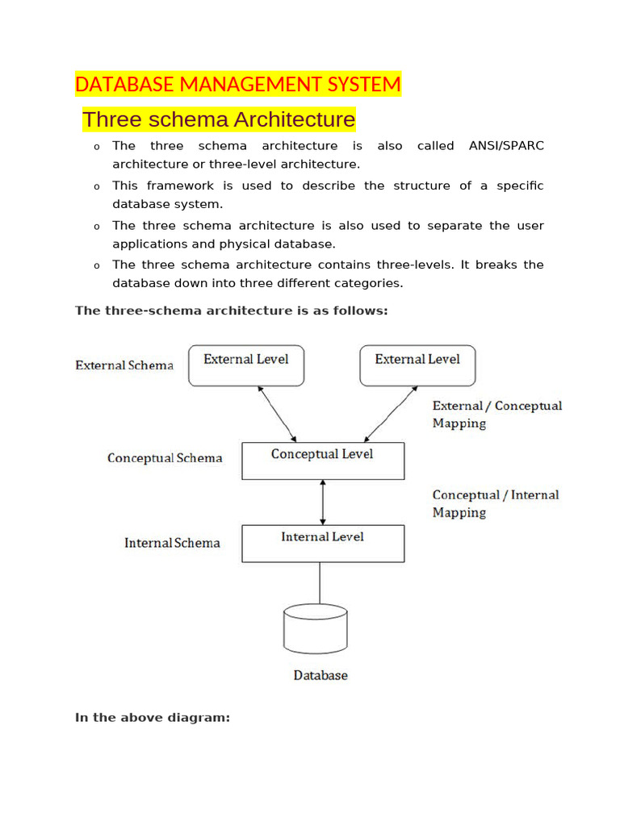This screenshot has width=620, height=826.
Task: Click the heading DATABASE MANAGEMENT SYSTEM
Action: [237, 84]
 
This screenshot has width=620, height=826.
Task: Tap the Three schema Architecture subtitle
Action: [218, 120]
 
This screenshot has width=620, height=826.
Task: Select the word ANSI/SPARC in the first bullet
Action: [506, 146]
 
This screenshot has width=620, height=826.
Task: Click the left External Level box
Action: [246, 365]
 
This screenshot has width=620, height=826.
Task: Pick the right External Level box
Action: [417, 365]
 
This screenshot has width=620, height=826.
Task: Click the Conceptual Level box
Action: [323, 460]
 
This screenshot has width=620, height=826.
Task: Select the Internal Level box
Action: [323, 543]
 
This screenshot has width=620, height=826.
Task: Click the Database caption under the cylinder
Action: [320, 675]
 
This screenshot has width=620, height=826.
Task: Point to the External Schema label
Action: [124, 365]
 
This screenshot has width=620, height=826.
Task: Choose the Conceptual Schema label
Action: [165, 458]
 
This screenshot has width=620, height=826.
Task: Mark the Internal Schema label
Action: [172, 543]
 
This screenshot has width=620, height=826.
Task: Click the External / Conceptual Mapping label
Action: [496, 414]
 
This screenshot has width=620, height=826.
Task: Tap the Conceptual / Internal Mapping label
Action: [495, 503]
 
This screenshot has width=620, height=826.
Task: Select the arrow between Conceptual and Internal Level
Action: [323, 503]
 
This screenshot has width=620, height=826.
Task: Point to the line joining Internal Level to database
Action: [320, 582]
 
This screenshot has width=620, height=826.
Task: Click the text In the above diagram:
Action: [153, 717]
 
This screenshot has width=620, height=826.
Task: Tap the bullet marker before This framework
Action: [96, 187]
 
